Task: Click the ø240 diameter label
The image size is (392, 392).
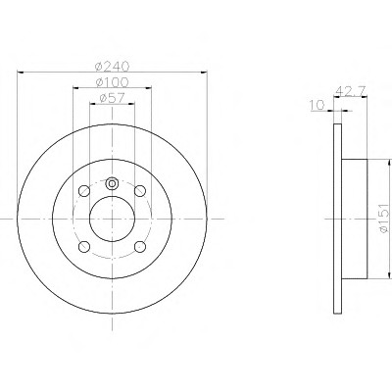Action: pyautogui.click(x=112, y=67)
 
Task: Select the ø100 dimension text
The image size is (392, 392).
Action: pyautogui.click(x=112, y=82)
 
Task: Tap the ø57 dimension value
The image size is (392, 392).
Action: pyautogui.click(x=112, y=98)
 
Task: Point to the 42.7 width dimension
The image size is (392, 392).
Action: pyautogui.click(x=351, y=90)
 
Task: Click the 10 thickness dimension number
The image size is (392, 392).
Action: pyautogui.click(x=317, y=105)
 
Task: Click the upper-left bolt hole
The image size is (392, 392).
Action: pyautogui.click(x=84, y=191)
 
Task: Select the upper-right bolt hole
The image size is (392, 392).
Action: pyautogui.click(x=140, y=191)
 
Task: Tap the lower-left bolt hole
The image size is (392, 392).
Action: pyautogui.click(x=84, y=247)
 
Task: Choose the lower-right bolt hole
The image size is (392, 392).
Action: pyautogui.click(x=140, y=247)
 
